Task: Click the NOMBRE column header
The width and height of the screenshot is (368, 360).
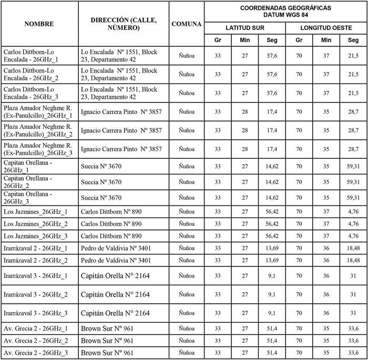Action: (39, 24)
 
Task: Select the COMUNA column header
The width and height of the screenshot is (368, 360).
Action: (187, 24)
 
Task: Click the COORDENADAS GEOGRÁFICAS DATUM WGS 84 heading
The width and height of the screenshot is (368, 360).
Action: (285, 11)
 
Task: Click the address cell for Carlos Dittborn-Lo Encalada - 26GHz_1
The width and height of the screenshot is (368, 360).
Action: (119, 56)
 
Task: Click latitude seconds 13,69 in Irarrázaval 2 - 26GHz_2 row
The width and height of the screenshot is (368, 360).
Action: (272, 260)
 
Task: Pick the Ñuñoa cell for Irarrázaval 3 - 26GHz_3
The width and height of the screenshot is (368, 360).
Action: (187, 313)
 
